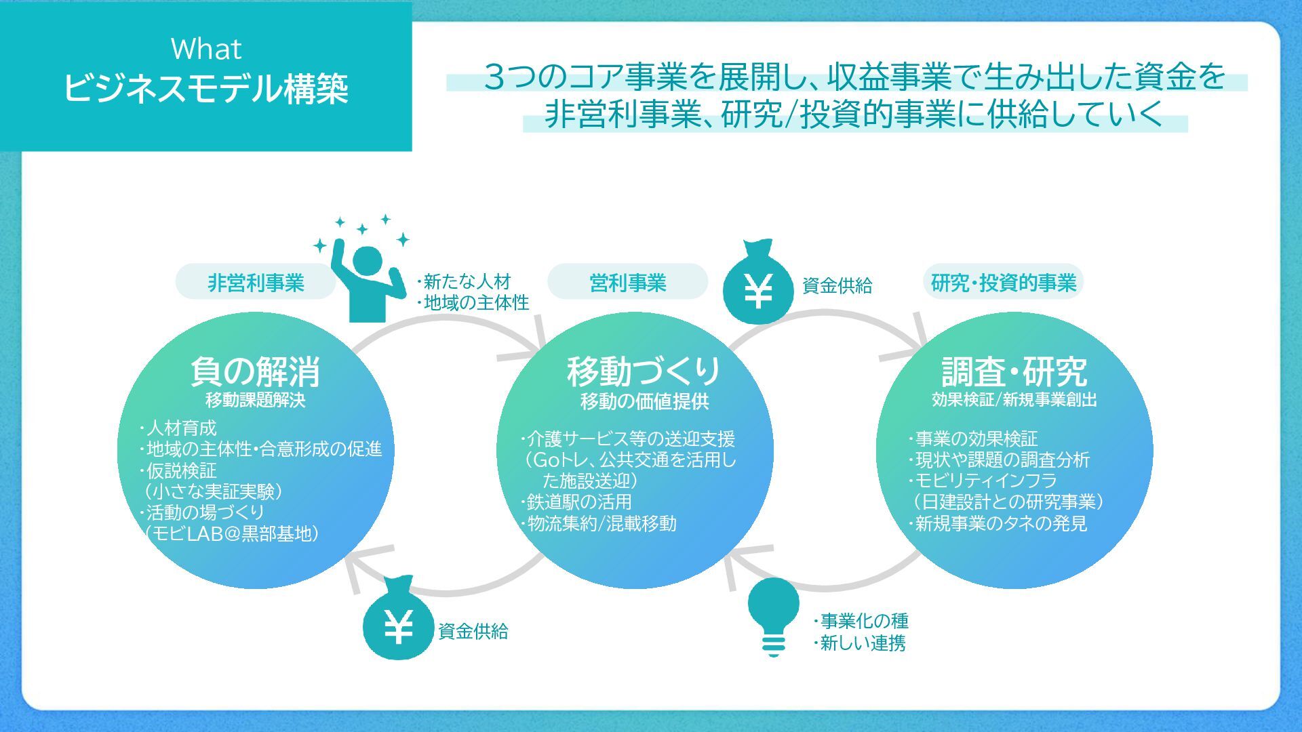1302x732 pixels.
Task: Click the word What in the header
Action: tap(205, 49)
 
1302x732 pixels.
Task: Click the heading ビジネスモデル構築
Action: tap(205, 88)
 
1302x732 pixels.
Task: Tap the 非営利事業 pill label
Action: tap(256, 283)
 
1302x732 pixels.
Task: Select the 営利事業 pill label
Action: tap(627, 283)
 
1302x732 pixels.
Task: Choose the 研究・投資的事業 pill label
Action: tap(1003, 283)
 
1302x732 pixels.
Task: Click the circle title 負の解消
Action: tap(255, 371)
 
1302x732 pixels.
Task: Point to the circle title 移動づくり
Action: tap(644, 371)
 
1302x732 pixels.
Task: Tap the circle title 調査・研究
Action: tap(1014, 371)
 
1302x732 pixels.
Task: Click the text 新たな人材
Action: tap(467, 281)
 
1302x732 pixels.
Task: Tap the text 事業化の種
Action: tap(863, 621)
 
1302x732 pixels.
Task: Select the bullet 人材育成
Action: tap(181, 428)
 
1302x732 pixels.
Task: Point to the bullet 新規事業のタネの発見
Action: tap(1000, 523)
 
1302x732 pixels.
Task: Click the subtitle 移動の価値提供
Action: tap(644, 402)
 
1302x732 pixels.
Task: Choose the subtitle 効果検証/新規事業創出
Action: tap(1014, 400)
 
